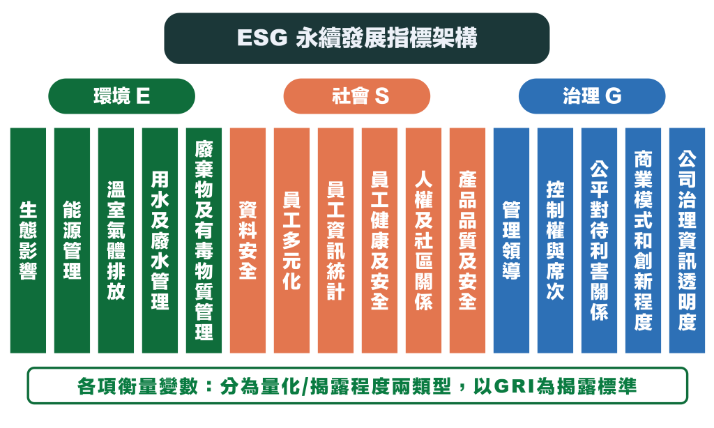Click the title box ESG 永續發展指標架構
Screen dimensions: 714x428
[356, 38]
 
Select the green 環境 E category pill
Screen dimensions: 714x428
[121, 96]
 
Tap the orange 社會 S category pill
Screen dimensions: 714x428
[356, 96]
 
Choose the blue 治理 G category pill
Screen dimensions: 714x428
[592, 96]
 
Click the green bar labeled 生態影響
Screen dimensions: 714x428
[28, 240]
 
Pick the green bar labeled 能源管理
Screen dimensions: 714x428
[72, 240]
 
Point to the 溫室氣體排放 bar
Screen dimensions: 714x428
[116, 240]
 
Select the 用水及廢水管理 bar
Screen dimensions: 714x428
[160, 240]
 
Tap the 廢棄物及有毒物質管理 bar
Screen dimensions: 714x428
[204, 240]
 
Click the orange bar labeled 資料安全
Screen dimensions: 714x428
[248, 240]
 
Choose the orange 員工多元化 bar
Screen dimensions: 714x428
[292, 240]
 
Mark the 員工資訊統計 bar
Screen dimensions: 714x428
[335, 240]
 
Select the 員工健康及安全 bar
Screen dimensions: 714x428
[380, 240]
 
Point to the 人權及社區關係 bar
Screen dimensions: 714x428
[423, 240]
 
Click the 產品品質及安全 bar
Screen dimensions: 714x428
[468, 240]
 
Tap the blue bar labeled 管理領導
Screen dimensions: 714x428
[511, 240]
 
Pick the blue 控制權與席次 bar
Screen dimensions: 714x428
[556, 240]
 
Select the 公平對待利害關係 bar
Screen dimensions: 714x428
[599, 240]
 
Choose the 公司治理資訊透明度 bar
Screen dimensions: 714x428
[687, 240]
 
